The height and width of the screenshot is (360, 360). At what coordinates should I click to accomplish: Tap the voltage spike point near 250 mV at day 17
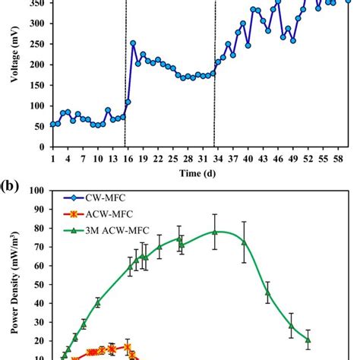[133, 43]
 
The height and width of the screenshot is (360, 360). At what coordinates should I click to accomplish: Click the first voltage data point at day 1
[52, 125]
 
